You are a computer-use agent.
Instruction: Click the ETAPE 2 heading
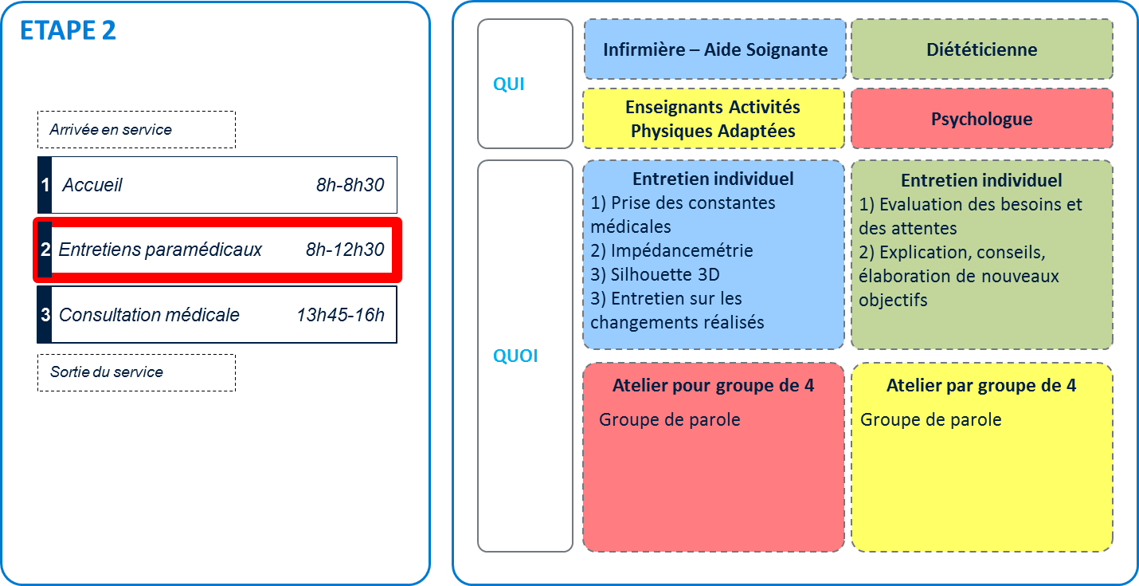coord(68,30)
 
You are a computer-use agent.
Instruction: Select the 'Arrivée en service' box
coord(136,129)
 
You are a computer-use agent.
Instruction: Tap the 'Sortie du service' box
coord(136,372)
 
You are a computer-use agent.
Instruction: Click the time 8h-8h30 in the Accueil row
coord(350,186)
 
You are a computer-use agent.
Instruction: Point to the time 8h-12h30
coord(345,250)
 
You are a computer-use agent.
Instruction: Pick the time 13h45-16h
coord(340,315)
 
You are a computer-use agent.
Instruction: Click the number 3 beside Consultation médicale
coord(45,315)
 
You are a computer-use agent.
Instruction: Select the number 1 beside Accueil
coord(45,186)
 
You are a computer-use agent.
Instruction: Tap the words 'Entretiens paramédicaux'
coord(160,250)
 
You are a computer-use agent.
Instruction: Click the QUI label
coord(509,85)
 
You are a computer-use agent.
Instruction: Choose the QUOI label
coord(515,356)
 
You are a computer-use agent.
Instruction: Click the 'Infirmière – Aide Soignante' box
coord(714,49)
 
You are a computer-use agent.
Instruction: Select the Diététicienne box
coord(981,49)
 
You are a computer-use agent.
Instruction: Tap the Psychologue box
coord(981,119)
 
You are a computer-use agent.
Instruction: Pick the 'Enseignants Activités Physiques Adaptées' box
coord(713,119)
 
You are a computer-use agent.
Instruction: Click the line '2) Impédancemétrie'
coord(671,251)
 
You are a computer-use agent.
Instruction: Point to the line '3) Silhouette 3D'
coord(656,275)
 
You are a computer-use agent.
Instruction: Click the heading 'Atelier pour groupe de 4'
coord(713,386)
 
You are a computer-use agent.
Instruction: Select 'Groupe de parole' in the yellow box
coord(930,419)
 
